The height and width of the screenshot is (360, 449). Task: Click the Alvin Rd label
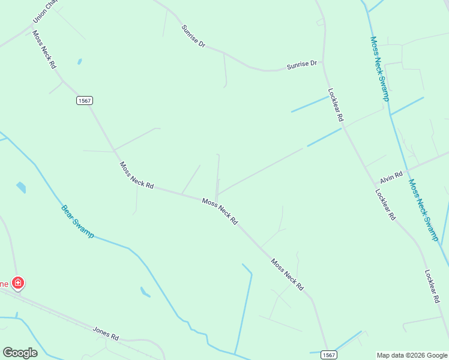tap(390, 176)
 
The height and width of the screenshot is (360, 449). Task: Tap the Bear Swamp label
tap(77, 221)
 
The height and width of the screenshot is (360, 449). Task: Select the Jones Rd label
tap(106, 334)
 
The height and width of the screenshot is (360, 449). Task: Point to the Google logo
tap(20, 352)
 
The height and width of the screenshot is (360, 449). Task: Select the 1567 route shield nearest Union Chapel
tap(85, 101)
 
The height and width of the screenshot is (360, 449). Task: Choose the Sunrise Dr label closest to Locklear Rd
tap(301, 63)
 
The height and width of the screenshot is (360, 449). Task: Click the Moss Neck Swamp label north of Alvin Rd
tap(380, 68)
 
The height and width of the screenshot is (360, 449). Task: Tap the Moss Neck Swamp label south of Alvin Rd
tap(423, 210)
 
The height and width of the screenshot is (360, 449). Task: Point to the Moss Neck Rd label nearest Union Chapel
tap(44, 49)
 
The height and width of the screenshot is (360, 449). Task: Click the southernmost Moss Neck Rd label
tap(287, 275)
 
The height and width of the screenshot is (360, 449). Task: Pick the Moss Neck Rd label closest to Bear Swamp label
tap(136, 175)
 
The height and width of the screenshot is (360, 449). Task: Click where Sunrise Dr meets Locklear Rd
tap(325, 64)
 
